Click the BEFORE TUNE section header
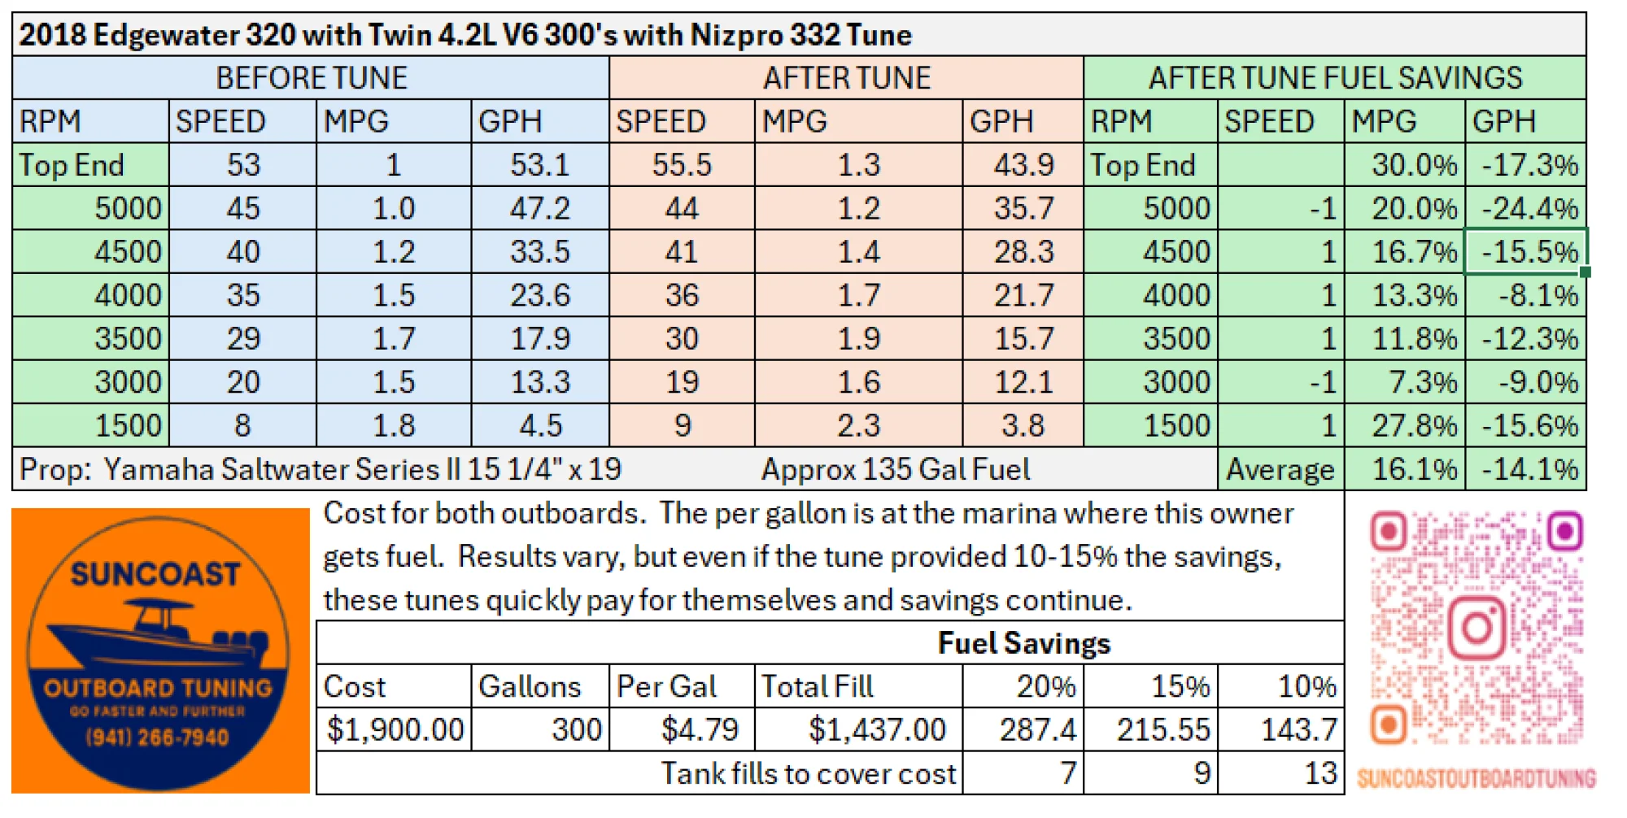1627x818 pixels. pos(311,78)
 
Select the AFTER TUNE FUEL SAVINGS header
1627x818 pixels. pos(1334,78)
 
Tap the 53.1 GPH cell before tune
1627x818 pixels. pos(539,165)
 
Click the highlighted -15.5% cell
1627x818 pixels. pos(1528,252)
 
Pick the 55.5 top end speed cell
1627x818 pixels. pos(682,165)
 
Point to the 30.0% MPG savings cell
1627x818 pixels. pos(1413,165)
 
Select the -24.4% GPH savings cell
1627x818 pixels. pos(1528,209)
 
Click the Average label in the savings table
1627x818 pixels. pos(1280,470)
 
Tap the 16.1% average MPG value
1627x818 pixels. pos(1413,470)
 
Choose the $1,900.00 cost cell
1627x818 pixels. pos(395,729)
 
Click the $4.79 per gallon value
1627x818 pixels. pos(699,729)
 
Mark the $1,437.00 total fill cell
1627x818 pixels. pos(876,729)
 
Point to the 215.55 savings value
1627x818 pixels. pos(1162,729)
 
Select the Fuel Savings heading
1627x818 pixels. pos(1023,643)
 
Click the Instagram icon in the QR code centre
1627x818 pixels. pos(1477,627)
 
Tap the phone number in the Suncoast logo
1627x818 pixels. pos(157,738)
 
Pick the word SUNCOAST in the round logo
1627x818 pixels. pos(155,574)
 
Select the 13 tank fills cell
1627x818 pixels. pos(1319,773)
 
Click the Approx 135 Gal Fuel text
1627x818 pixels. pos(895,470)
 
